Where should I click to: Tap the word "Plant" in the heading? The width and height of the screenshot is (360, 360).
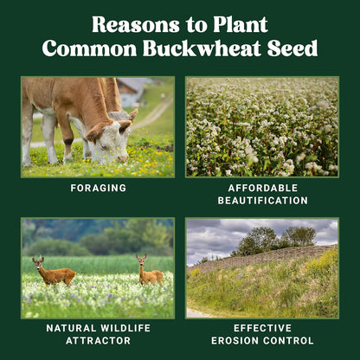click(235, 24)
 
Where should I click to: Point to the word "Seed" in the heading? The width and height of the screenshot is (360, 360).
click(292, 48)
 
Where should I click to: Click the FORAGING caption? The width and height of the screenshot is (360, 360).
click(97, 188)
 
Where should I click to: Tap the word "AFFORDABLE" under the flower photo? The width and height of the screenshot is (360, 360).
click(262, 188)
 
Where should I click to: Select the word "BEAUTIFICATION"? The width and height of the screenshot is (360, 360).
click(262, 201)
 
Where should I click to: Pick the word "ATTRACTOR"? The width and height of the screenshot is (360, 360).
click(97, 341)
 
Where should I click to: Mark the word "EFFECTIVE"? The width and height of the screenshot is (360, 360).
click(262, 328)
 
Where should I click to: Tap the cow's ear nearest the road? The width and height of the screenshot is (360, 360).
click(132, 115)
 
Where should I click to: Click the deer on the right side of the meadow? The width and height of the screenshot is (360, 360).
click(149, 273)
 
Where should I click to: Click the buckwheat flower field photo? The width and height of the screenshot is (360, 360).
click(262, 126)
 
